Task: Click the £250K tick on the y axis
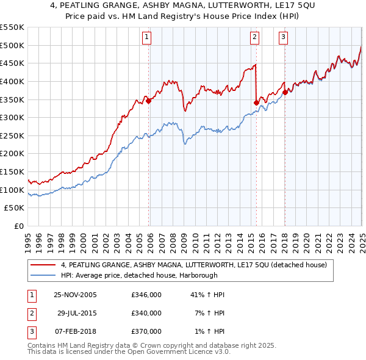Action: coord(12,135)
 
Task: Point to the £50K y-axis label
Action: coord(14,207)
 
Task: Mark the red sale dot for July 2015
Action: coord(256,103)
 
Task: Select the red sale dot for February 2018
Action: coord(285,92)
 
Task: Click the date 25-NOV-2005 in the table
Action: coord(75,295)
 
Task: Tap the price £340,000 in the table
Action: coord(146,313)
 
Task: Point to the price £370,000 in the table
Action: coord(146,331)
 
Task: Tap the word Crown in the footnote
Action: coord(160,345)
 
